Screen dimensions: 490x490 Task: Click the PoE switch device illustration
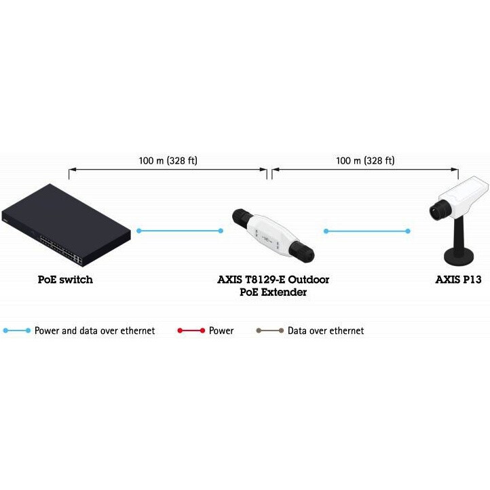click(66, 225)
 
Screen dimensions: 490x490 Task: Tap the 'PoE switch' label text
click(65, 280)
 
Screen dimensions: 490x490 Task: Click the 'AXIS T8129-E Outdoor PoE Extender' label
click(273, 286)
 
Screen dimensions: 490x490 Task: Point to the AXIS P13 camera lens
click(439, 210)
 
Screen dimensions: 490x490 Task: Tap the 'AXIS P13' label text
click(458, 280)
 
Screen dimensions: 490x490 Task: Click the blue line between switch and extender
click(180, 231)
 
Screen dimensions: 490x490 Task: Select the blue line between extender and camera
click(367, 231)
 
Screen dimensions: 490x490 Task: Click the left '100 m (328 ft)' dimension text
click(168, 161)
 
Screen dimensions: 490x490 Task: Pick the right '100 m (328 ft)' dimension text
click(365, 161)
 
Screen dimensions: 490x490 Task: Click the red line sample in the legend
click(191, 331)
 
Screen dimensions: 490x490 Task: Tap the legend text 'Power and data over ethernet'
click(95, 331)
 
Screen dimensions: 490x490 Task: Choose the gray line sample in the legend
click(270, 331)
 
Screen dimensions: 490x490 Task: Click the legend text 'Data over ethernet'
click(326, 331)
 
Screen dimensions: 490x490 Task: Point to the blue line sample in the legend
click(17, 331)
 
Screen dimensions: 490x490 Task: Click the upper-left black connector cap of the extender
click(241, 216)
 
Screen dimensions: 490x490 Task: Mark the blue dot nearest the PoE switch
click(139, 231)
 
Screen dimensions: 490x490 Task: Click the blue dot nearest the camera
click(408, 231)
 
